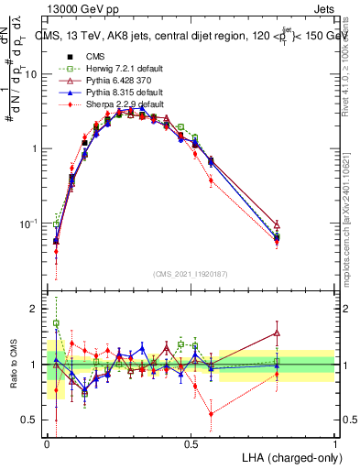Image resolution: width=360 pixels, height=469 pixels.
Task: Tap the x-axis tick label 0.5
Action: [191, 443]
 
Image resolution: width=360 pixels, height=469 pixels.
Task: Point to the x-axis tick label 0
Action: [48, 443]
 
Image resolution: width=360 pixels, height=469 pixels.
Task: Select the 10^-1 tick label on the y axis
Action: [31, 224]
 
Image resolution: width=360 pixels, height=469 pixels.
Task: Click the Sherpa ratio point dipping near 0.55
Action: [212, 414]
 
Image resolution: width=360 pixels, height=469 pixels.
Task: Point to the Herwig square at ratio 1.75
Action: [56, 323]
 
